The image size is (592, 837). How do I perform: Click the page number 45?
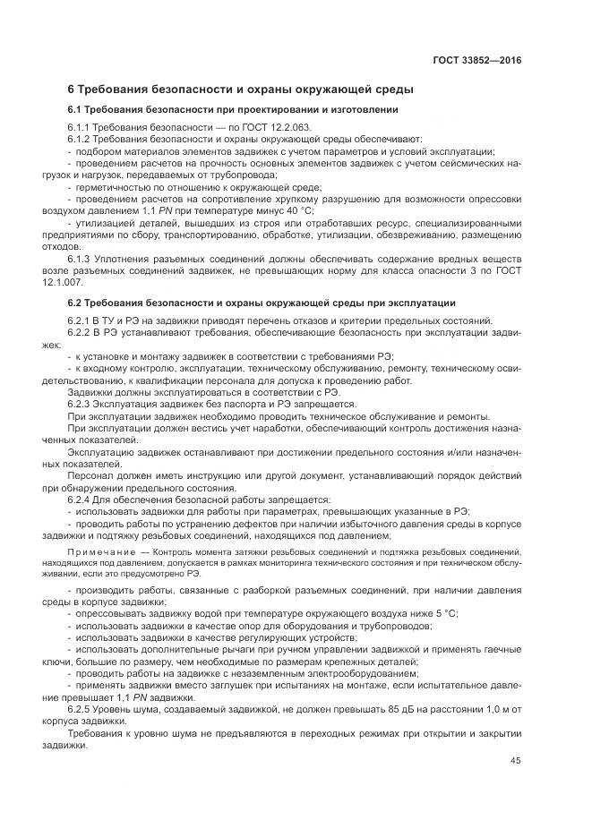coord(515,761)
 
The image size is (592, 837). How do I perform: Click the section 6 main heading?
coord(240,90)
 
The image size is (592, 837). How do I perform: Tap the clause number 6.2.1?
coord(82,320)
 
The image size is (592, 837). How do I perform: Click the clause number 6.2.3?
coord(82,404)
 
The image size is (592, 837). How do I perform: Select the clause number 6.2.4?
coord(82,498)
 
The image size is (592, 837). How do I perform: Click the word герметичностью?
coord(116,187)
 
